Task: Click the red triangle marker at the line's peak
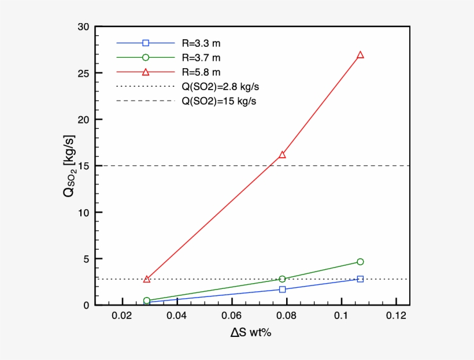(x=360, y=55)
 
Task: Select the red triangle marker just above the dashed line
(x=282, y=155)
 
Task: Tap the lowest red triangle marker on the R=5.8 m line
(x=147, y=279)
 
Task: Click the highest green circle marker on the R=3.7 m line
(x=360, y=262)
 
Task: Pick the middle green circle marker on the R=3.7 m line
(x=282, y=279)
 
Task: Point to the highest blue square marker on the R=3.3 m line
(x=360, y=279)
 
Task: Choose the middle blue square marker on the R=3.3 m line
(x=282, y=289)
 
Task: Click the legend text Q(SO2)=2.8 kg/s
(x=218, y=87)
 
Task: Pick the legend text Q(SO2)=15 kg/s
(x=216, y=101)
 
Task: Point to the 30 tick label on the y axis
(x=82, y=27)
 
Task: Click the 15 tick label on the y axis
(x=82, y=166)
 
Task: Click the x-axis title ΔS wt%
(x=250, y=335)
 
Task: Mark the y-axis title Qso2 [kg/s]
(x=68, y=166)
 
